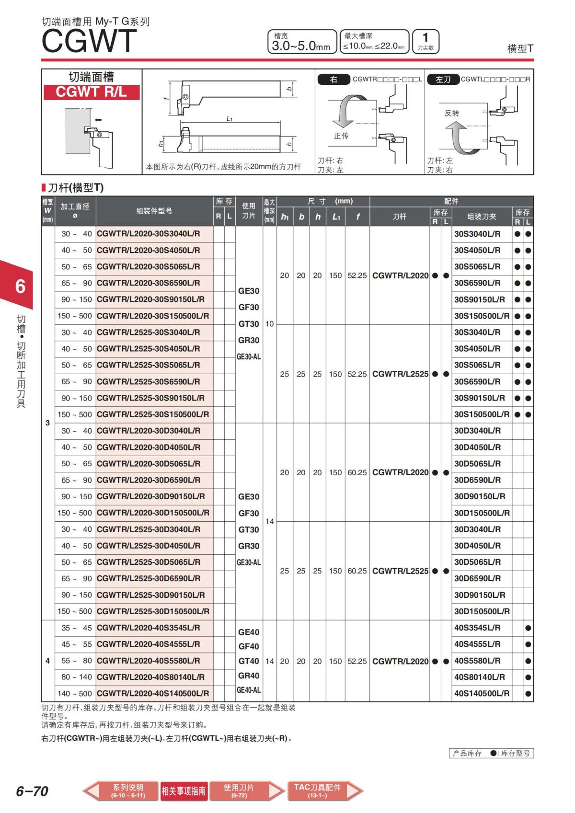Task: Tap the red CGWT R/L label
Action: (x=91, y=92)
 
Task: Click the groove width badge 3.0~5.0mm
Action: (x=301, y=42)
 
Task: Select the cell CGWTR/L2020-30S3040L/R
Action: (x=149, y=234)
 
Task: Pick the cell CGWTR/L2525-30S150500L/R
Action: (x=153, y=414)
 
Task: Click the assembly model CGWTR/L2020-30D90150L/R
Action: (x=151, y=496)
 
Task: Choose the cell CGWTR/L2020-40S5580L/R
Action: (x=149, y=661)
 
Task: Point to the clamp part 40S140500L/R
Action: (x=482, y=693)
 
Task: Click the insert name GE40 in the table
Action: (x=249, y=632)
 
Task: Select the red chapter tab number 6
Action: (x=20, y=286)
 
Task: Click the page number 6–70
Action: (x=32, y=791)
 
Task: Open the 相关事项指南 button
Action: (x=184, y=791)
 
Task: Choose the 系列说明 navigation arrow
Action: (x=121, y=790)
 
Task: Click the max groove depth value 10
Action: (x=270, y=324)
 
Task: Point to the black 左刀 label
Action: (x=443, y=80)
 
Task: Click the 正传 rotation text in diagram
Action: (x=341, y=136)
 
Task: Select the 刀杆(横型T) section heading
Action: (x=75, y=187)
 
